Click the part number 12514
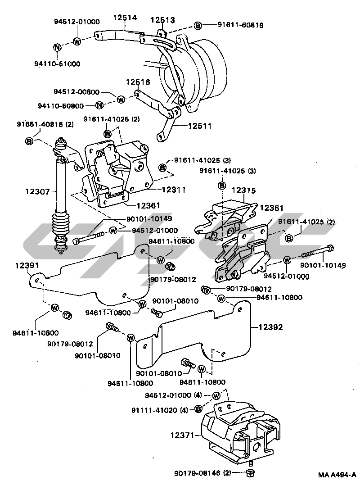point(125,18)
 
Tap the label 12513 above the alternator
point(162,20)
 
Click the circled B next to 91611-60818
point(198,26)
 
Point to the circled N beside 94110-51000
point(57,48)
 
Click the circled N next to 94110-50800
point(100,105)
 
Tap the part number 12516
point(138,82)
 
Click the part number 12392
point(270,327)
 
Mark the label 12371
point(182,435)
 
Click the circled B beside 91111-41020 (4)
point(198,409)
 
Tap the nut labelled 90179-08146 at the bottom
point(251,473)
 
